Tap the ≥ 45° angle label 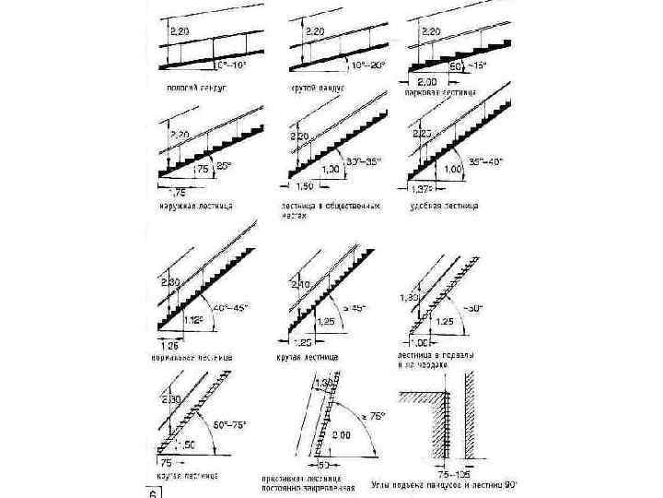pos(349,307)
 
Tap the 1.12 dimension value pos(193,320)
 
